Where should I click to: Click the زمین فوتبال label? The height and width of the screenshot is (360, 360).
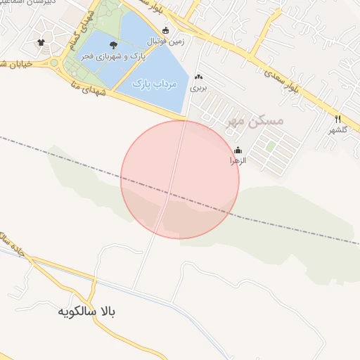166,41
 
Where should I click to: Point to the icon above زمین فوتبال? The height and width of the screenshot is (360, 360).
166,31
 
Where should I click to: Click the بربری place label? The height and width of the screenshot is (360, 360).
199,89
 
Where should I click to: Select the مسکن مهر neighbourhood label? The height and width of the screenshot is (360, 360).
255,121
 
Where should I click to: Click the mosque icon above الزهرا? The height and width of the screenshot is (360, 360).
238,150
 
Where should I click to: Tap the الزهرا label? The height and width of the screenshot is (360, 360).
238,161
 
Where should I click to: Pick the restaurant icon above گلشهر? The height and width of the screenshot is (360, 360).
337,119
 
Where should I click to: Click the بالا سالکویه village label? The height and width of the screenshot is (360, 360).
88,310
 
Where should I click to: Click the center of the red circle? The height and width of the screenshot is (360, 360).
180,179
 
